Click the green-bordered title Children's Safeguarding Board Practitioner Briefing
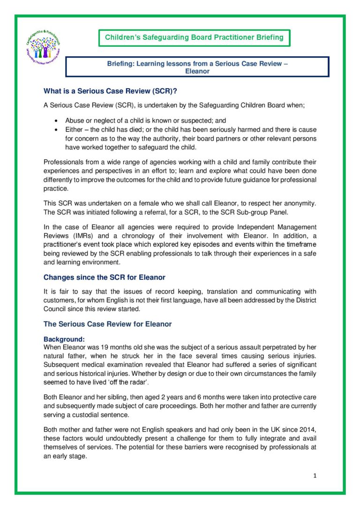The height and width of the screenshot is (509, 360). click(x=194, y=37)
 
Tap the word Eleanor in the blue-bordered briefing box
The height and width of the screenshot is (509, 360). click(x=197, y=72)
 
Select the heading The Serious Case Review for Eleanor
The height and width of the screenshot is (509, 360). click(x=108, y=324)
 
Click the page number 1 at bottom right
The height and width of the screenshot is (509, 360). click(x=315, y=476)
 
